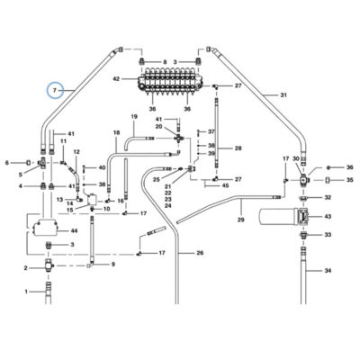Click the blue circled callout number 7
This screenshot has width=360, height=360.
point(55,90)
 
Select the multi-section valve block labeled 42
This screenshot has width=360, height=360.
point(170,82)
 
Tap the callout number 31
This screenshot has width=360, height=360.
point(283,95)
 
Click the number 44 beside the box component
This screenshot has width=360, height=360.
point(74,231)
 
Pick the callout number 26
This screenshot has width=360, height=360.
point(200,253)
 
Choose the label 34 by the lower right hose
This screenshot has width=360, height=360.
point(328,271)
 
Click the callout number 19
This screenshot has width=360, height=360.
point(134,116)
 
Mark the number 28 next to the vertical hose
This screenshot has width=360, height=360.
point(238,148)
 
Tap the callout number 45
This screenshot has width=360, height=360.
point(225,185)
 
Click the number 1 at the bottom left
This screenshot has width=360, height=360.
point(26,292)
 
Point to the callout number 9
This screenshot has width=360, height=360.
point(113,265)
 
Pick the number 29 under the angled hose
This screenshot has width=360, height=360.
point(241,220)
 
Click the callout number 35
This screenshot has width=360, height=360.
point(349,180)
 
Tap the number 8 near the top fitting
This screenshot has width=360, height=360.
point(165,62)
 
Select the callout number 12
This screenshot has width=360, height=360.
point(76,152)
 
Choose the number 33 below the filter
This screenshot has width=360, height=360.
point(328,235)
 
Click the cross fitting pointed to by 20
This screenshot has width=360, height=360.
point(178,139)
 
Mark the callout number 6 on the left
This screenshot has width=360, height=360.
point(6,163)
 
